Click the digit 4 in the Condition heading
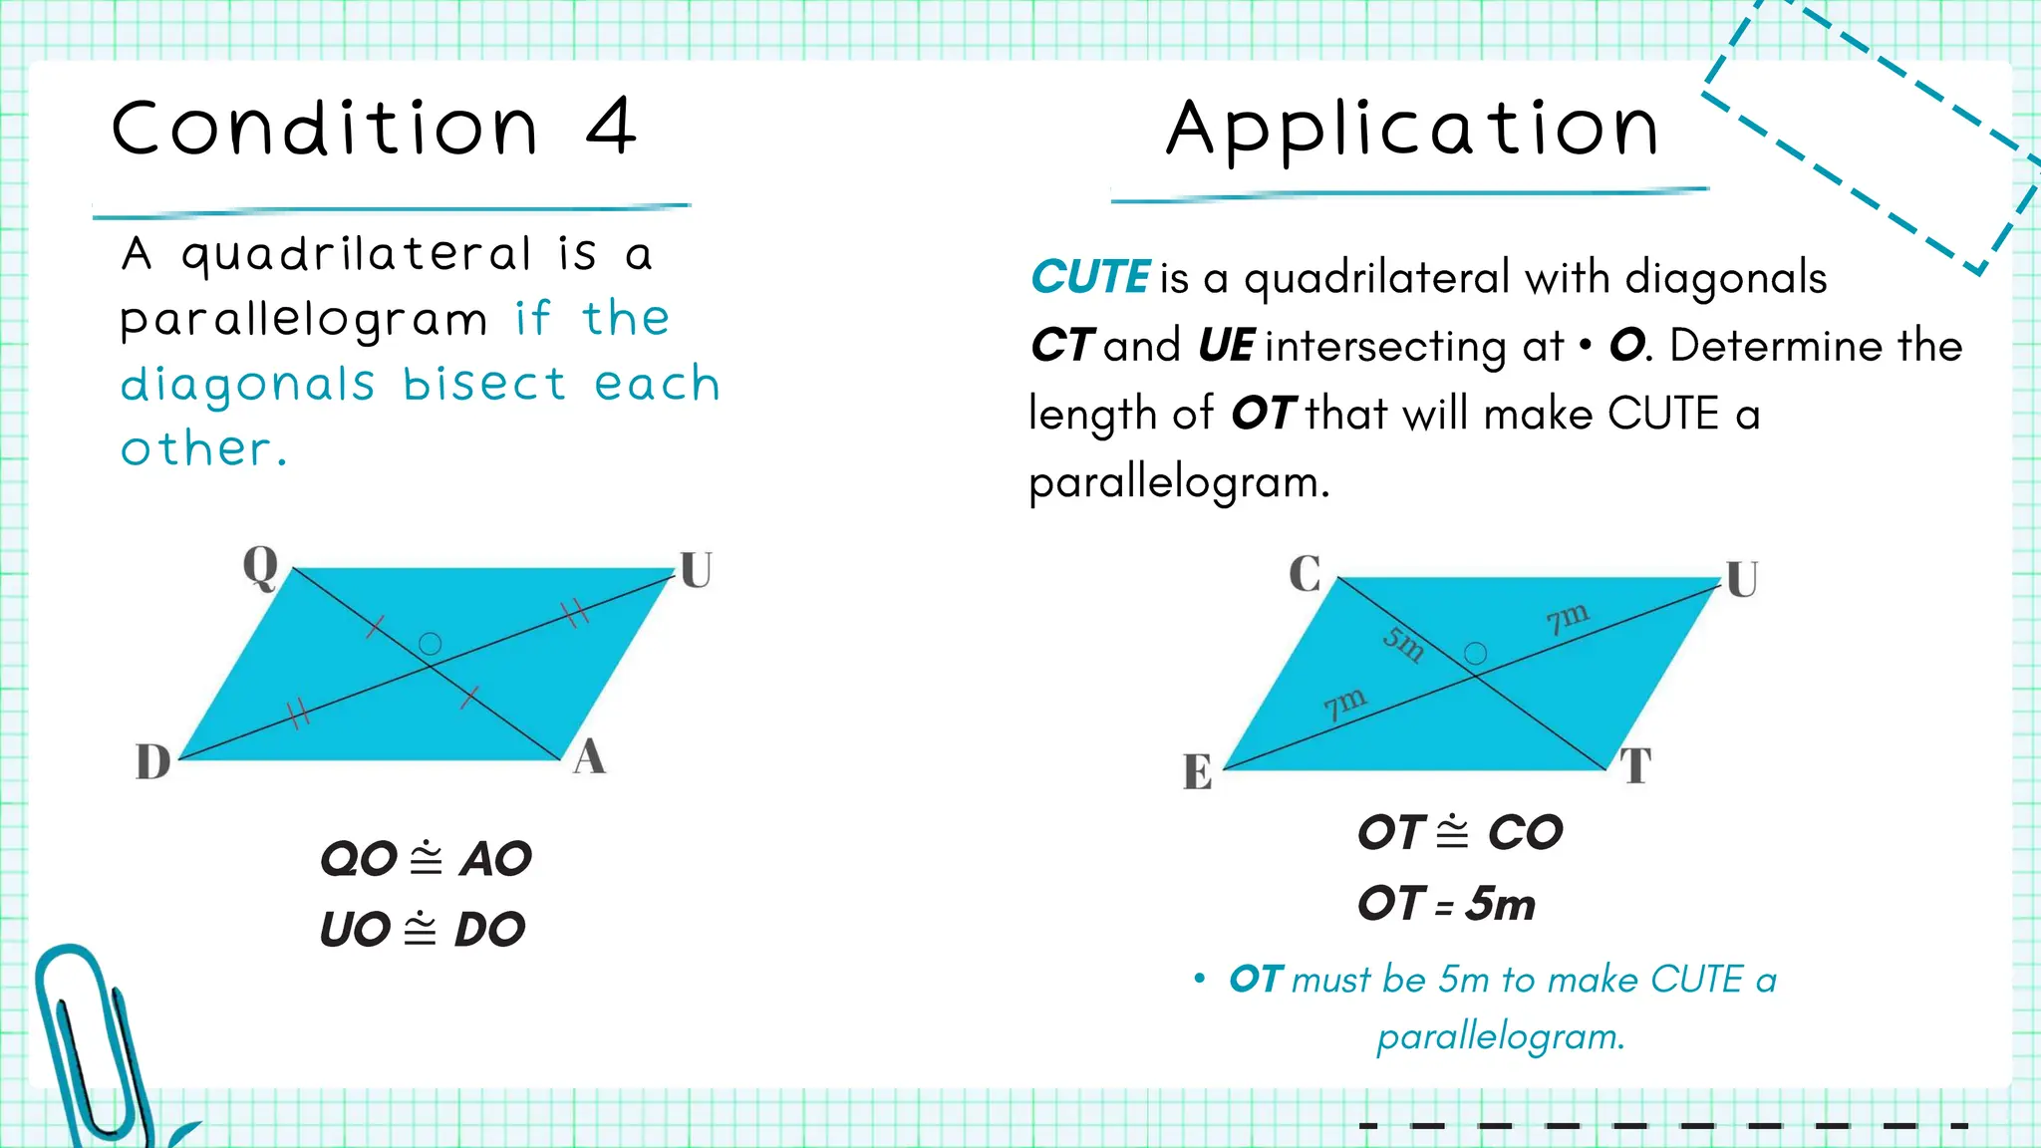tap(611, 128)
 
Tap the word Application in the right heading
tap(1413, 130)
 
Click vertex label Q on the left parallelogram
tap(261, 568)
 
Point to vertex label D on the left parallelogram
tap(153, 762)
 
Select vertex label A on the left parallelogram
tap(589, 757)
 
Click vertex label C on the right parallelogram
tap(1305, 574)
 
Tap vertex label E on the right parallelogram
tap(1198, 772)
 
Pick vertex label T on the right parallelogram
tap(1635, 766)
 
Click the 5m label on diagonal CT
tap(1403, 644)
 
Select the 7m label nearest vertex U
tap(1567, 618)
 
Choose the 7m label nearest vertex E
tap(1344, 703)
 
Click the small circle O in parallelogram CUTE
tap(1475, 654)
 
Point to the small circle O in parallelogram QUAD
tap(430, 644)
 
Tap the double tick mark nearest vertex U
tap(576, 612)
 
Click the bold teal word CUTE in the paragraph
tap(1090, 277)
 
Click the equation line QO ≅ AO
tap(426, 859)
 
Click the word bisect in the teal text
tap(485, 385)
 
